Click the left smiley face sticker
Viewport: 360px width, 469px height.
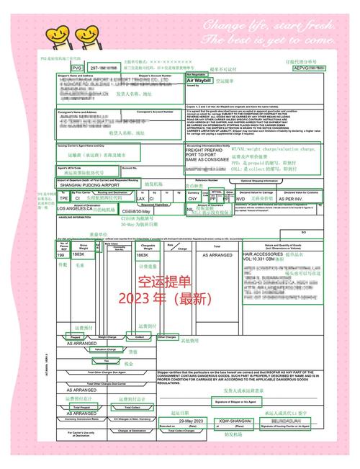click(x=51, y=33)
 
